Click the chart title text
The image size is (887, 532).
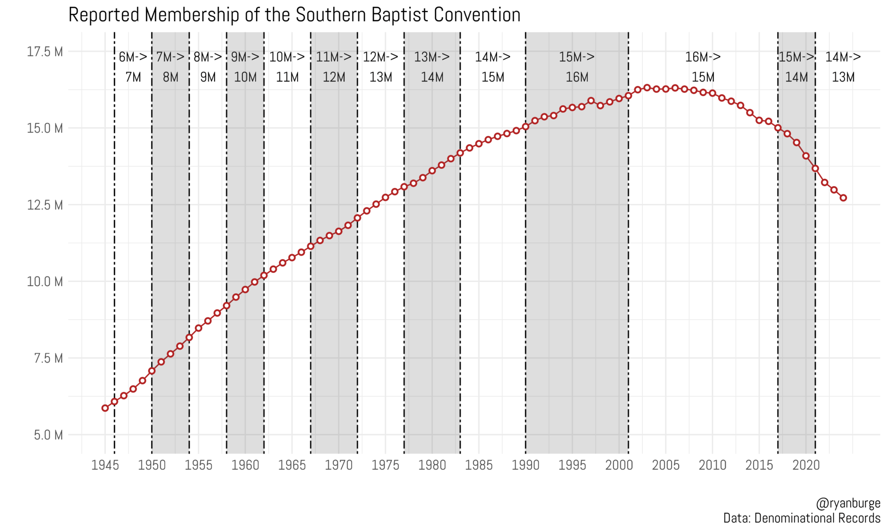point(294,15)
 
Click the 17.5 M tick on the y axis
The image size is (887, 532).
point(45,52)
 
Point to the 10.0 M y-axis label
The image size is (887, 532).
point(45,282)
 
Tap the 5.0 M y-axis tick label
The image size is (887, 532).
point(48,435)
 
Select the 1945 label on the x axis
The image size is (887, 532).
point(105,465)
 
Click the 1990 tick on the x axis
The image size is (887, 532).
point(525,465)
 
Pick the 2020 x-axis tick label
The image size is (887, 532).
point(806,465)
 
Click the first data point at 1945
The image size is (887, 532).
point(105,408)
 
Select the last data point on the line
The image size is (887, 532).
point(843,198)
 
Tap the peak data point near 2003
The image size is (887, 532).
point(647,88)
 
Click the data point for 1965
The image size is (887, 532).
point(292,258)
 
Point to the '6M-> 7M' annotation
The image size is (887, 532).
point(133,67)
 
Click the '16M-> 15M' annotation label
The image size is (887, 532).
point(702,67)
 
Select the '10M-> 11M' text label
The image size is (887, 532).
point(287,67)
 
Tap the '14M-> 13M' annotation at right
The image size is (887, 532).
point(843,67)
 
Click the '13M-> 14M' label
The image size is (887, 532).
point(432,67)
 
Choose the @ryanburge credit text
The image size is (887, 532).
point(848,503)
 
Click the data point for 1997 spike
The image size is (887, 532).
point(591,101)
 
